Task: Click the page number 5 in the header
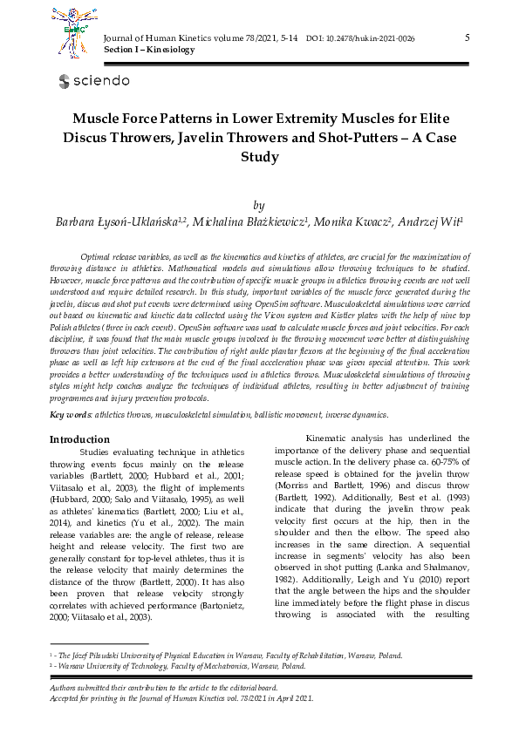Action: (468, 37)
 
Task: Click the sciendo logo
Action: (94, 81)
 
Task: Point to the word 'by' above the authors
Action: (258, 205)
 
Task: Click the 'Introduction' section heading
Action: (79, 439)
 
